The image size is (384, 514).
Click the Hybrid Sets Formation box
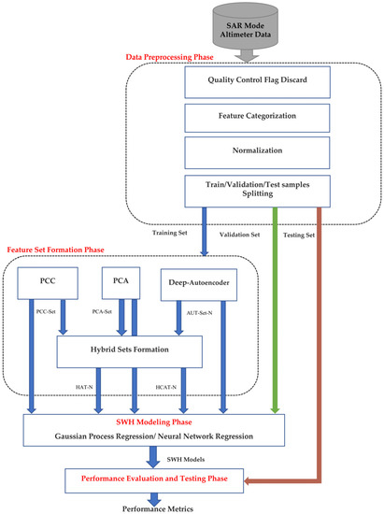coord(130,351)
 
